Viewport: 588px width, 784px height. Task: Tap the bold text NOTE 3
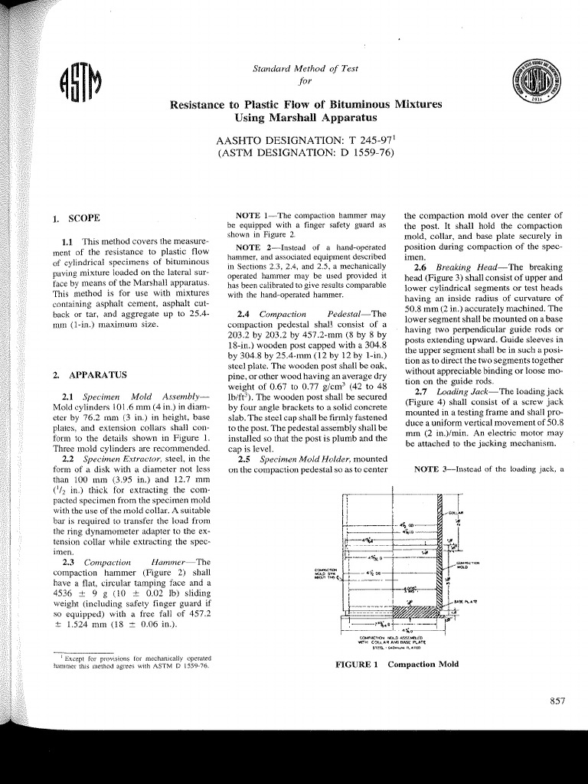click(433, 469)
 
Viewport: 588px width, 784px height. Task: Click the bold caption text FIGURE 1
click(358, 664)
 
